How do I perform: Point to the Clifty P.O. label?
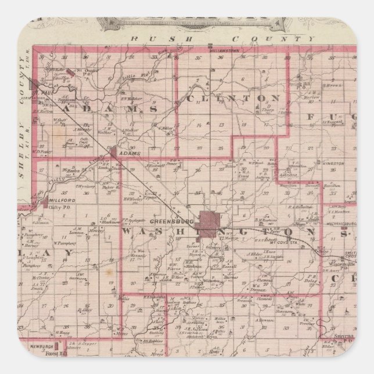coord(57,204)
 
